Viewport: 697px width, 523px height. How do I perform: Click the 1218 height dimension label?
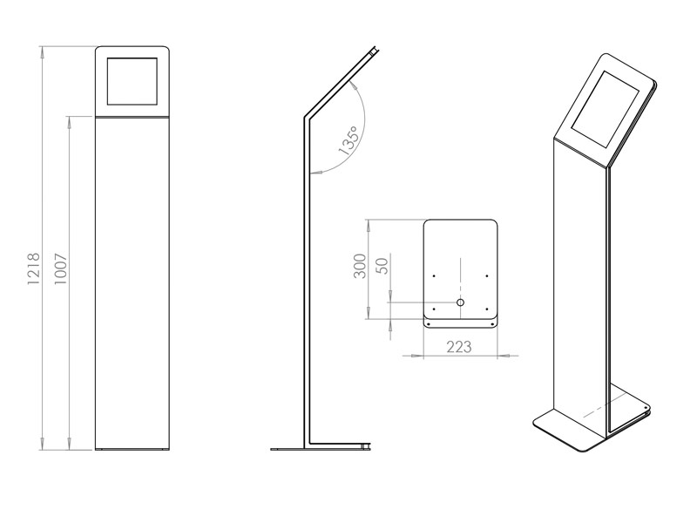point(34,271)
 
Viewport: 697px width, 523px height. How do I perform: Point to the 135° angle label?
point(348,142)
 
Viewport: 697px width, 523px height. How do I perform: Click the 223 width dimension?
point(459,347)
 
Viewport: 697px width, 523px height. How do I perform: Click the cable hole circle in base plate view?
point(461,302)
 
